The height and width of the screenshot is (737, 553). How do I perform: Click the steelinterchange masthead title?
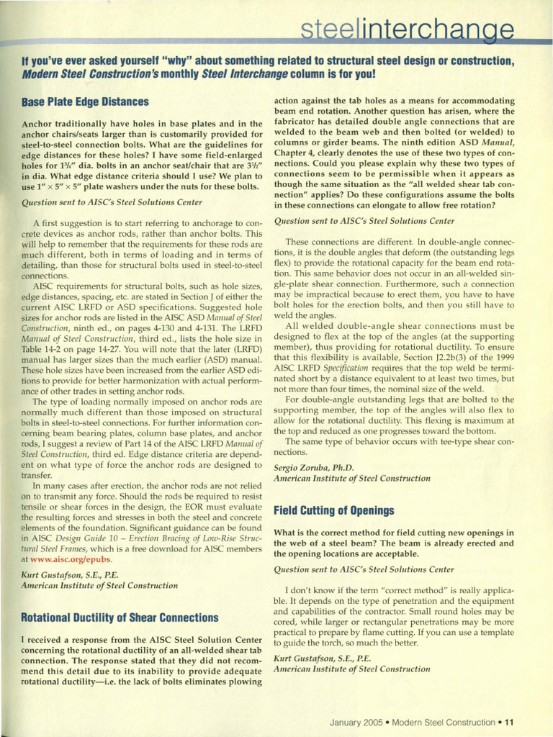(x=408, y=30)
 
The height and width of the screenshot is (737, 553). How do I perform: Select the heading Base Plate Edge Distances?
(x=85, y=102)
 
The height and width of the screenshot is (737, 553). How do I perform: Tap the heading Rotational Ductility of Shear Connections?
(x=120, y=618)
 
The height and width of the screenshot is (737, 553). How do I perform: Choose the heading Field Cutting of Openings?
(x=334, y=510)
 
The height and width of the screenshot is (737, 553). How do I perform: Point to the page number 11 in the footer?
(x=508, y=722)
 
